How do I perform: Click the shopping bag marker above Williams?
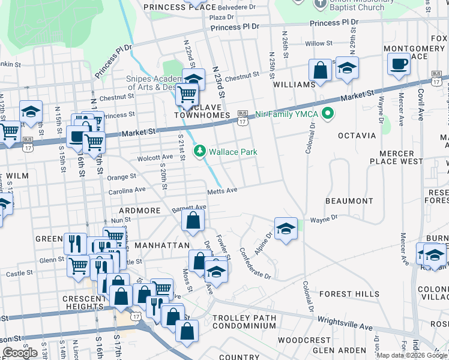(x=321, y=70)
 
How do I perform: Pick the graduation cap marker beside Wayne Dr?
(x=286, y=228)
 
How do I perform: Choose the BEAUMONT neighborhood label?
(x=349, y=201)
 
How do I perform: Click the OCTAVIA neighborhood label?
(x=357, y=136)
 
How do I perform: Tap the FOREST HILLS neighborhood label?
(x=349, y=294)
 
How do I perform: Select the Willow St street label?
(x=318, y=44)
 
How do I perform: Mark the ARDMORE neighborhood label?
(x=139, y=211)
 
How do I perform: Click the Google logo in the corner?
(x=20, y=353)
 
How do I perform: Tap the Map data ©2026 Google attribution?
(x=411, y=355)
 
